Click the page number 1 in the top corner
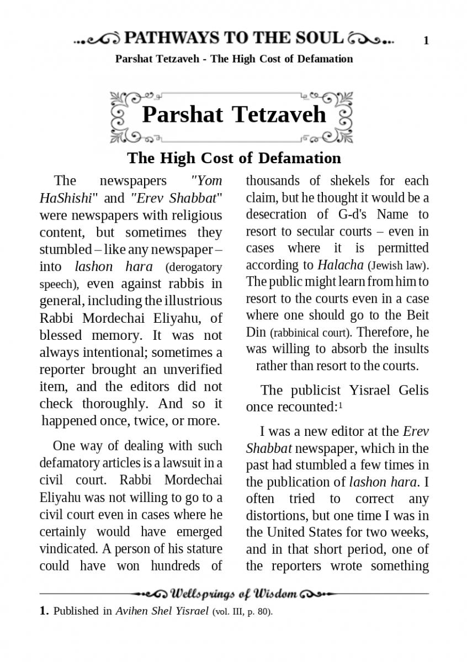tap(426, 40)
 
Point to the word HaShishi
tap(62, 197)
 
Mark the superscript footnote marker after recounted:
tap(341, 405)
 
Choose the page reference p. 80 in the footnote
tap(259, 612)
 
